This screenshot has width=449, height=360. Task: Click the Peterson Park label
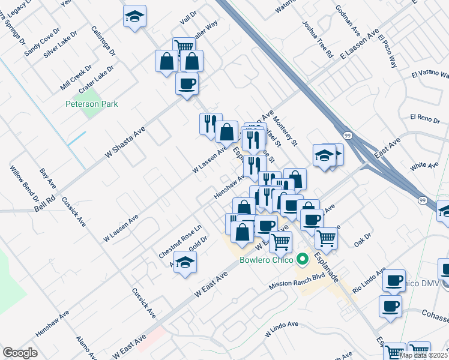pos(92,104)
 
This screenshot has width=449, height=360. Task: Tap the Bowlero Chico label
pos(266,260)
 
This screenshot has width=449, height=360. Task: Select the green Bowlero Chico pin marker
pos(303,260)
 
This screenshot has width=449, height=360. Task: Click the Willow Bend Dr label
pos(25,184)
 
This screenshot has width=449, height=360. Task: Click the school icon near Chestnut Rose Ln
pos(185,262)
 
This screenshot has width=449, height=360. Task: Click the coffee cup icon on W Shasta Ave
pos(187,83)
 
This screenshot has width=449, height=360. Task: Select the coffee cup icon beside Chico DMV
pos(394,280)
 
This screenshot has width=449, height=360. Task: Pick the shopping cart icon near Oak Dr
pos(326,237)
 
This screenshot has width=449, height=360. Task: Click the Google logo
pos(20,353)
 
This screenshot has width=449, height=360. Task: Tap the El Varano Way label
pos(430,74)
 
